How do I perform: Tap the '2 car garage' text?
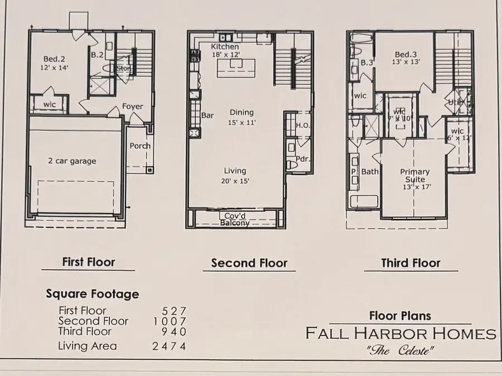coord(71,161)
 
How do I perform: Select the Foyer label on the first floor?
coord(133,106)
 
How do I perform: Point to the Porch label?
coord(139,146)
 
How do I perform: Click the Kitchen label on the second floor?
coord(225,47)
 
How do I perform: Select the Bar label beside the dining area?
coord(207,116)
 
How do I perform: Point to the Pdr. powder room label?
coord(302,159)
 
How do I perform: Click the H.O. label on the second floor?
coord(303,125)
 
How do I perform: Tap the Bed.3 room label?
coord(406,55)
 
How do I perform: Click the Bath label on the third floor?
coord(370,172)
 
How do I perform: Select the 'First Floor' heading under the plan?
coord(89,262)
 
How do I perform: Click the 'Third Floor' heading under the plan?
coord(411,263)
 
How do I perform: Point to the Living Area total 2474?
coord(169,346)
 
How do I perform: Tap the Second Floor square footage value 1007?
coord(169,321)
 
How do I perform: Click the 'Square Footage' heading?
coord(93,294)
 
